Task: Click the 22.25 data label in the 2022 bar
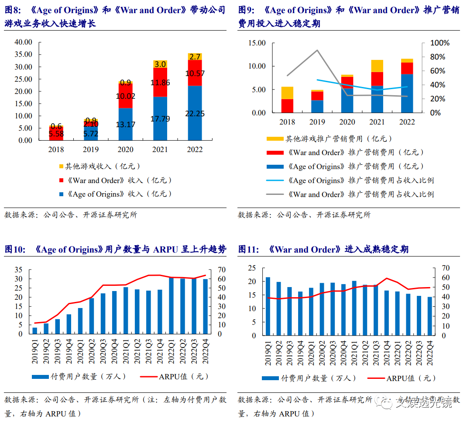coord(195,113)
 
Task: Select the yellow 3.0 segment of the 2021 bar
coord(160,64)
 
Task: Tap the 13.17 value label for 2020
coord(126,125)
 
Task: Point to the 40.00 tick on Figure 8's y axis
coord(24,42)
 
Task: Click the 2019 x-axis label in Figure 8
coord(91,149)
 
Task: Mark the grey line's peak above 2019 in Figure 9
coord(317,50)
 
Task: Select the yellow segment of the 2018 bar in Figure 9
coord(287,93)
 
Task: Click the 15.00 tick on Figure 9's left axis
coord(256,43)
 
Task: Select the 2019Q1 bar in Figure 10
coord(35,330)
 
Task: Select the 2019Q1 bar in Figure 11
coord(268,306)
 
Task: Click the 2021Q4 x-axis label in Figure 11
coord(387,353)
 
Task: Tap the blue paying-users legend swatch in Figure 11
coord(271,378)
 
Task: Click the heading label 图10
coord(14,250)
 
